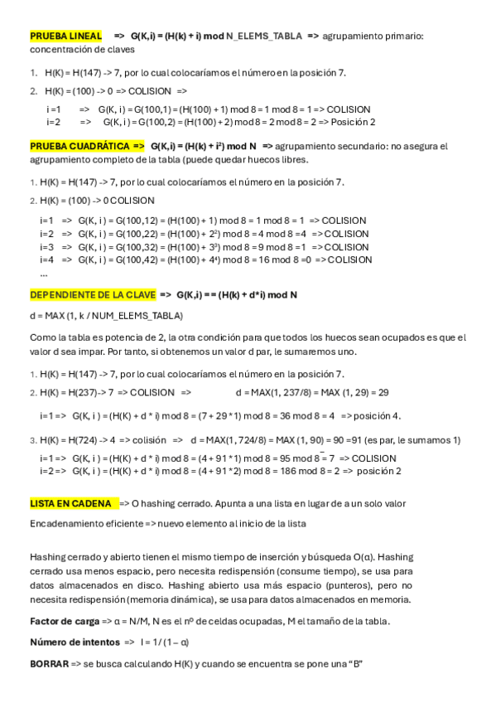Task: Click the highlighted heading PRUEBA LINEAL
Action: pos(65,36)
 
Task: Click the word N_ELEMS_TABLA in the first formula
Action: pos(265,36)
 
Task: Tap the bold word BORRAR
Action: pos(49,664)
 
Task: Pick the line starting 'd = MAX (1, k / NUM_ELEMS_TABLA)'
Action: pos(106,316)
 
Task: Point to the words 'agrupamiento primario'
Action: pos(371,36)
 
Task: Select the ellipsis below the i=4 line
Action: pos(44,273)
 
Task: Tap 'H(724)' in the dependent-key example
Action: pos(84,439)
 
